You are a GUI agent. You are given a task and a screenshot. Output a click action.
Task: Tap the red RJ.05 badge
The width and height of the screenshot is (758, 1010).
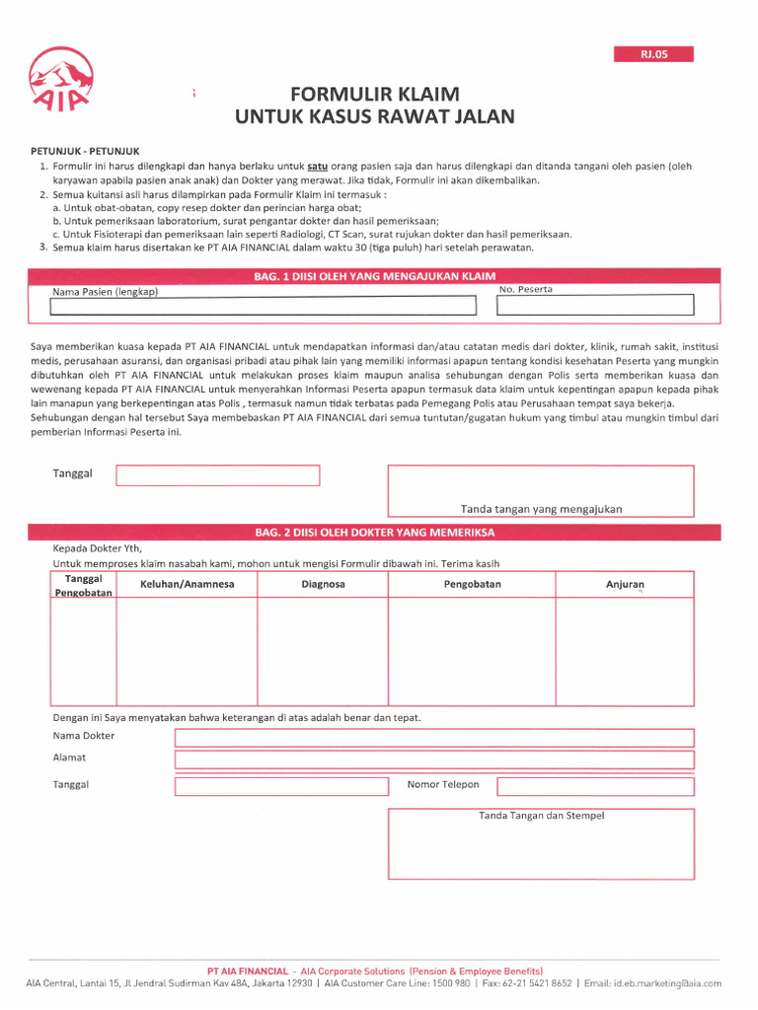pyautogui.click(x=653, y=55)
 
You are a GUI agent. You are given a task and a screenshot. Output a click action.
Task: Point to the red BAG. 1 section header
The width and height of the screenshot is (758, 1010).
pyautogui.click(x=374, y=276)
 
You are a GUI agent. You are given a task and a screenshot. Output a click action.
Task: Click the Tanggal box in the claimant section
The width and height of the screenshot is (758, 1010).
pyautogui.click(x=218, y=475)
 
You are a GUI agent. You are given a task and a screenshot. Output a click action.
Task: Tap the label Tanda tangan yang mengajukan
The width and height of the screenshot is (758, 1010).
pyautogui.click(x=541, y=509)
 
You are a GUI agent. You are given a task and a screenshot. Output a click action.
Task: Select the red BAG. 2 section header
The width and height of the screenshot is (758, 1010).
pyautogui.click(x=374, y=533)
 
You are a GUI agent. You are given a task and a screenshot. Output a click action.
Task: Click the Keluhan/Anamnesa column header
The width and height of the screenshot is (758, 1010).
pyautogui.click(x=187, y=585)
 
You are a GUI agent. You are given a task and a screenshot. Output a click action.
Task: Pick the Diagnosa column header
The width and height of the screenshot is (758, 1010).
pyautogui.click(x=323, y=585)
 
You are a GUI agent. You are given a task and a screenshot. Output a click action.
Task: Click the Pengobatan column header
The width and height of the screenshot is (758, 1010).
pyautogui.click(x=472, y=585)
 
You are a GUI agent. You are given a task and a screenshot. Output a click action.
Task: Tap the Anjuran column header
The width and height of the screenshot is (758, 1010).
pyautogui.click(x=624, y=585)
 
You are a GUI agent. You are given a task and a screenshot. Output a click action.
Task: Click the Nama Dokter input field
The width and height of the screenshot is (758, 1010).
pyautogui.click(x=434, y=738)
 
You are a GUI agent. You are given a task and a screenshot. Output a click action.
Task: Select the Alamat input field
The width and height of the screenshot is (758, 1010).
pyautogui.click(x=434, y=759)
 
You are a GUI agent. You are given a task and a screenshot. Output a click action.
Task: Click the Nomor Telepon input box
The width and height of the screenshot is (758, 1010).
pyautogui.click(x=595, y=786)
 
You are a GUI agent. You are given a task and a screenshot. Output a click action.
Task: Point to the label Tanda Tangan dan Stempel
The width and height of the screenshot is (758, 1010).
pyautogui.click(x=541, y=816)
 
